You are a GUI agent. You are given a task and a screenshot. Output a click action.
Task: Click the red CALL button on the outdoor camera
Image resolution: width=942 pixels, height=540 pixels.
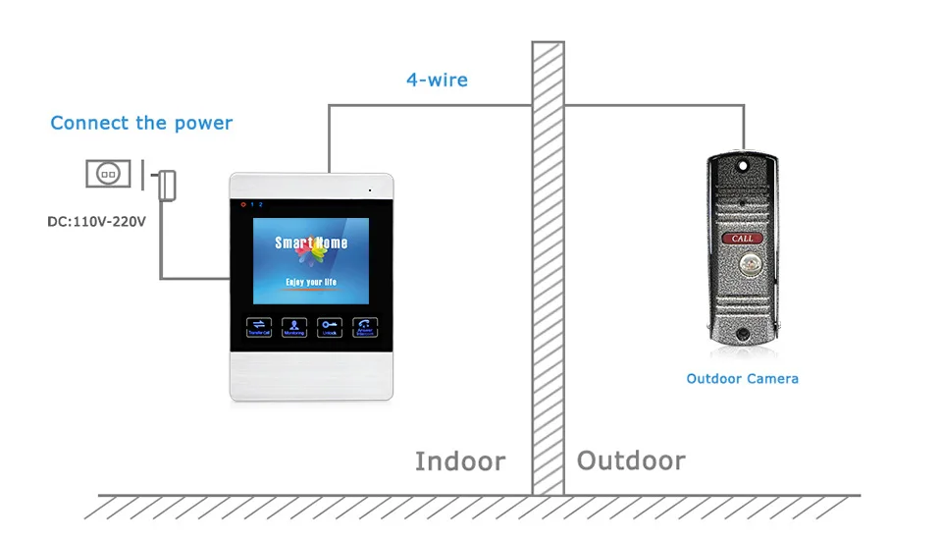point(742,239)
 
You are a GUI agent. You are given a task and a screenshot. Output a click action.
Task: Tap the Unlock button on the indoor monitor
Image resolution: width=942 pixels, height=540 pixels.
point(330,328)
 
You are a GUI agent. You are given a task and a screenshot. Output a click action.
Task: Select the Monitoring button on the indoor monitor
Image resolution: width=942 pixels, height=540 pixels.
point(294,328)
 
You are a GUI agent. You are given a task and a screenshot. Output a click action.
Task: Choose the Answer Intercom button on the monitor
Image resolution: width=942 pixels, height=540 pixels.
point(365,328)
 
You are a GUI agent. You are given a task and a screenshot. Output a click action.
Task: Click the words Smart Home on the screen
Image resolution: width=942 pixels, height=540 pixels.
point(310,243)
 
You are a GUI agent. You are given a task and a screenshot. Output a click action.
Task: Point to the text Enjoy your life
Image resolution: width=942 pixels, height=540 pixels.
point(310,283)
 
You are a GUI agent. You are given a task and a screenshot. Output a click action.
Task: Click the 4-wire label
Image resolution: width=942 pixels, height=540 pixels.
point(437,80)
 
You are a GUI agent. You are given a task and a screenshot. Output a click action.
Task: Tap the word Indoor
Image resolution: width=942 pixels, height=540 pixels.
point(460,461)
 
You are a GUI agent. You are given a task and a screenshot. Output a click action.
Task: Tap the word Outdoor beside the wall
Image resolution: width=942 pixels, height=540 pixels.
point(631,461)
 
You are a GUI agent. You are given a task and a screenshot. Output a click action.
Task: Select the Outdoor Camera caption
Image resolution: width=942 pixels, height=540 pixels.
point(742,379)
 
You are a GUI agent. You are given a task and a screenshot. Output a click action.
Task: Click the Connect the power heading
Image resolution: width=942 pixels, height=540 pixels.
point(141,124)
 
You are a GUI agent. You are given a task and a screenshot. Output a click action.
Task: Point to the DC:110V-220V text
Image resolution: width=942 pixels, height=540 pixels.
point(96,222)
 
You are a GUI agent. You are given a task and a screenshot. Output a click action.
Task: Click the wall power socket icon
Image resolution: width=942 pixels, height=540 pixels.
point(108,174)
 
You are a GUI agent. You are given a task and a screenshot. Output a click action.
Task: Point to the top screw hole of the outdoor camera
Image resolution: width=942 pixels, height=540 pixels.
point(742,166)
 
